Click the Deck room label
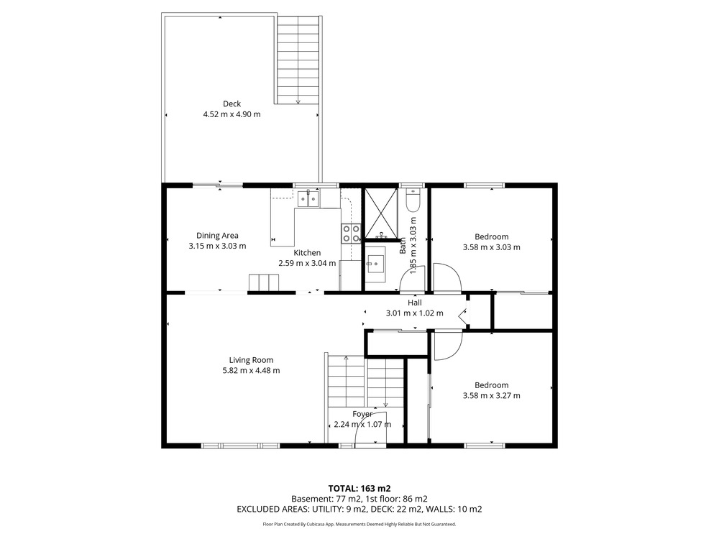click(232, 104)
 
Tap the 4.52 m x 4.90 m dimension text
click(232, 114)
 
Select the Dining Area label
click(217, 236)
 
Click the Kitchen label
click(307, 252)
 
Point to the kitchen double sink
click(308, 199)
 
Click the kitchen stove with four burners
click(352, 233)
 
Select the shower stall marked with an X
click(380, 213)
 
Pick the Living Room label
click(251, 360)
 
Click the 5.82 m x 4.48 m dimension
click(251, 370)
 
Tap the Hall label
click(415, 303)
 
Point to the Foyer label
click(362, 414)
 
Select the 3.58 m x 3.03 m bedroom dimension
click(491, 247)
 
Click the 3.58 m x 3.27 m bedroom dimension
click(491, 395)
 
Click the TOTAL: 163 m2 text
click(359, 489)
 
